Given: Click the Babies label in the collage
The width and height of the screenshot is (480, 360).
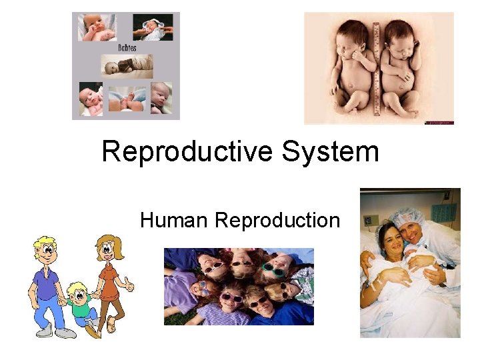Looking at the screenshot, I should [126, 48].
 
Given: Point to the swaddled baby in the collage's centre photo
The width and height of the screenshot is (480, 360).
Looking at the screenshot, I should [127, 66].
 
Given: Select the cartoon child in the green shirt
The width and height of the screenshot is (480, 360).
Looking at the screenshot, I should [79, 306].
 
